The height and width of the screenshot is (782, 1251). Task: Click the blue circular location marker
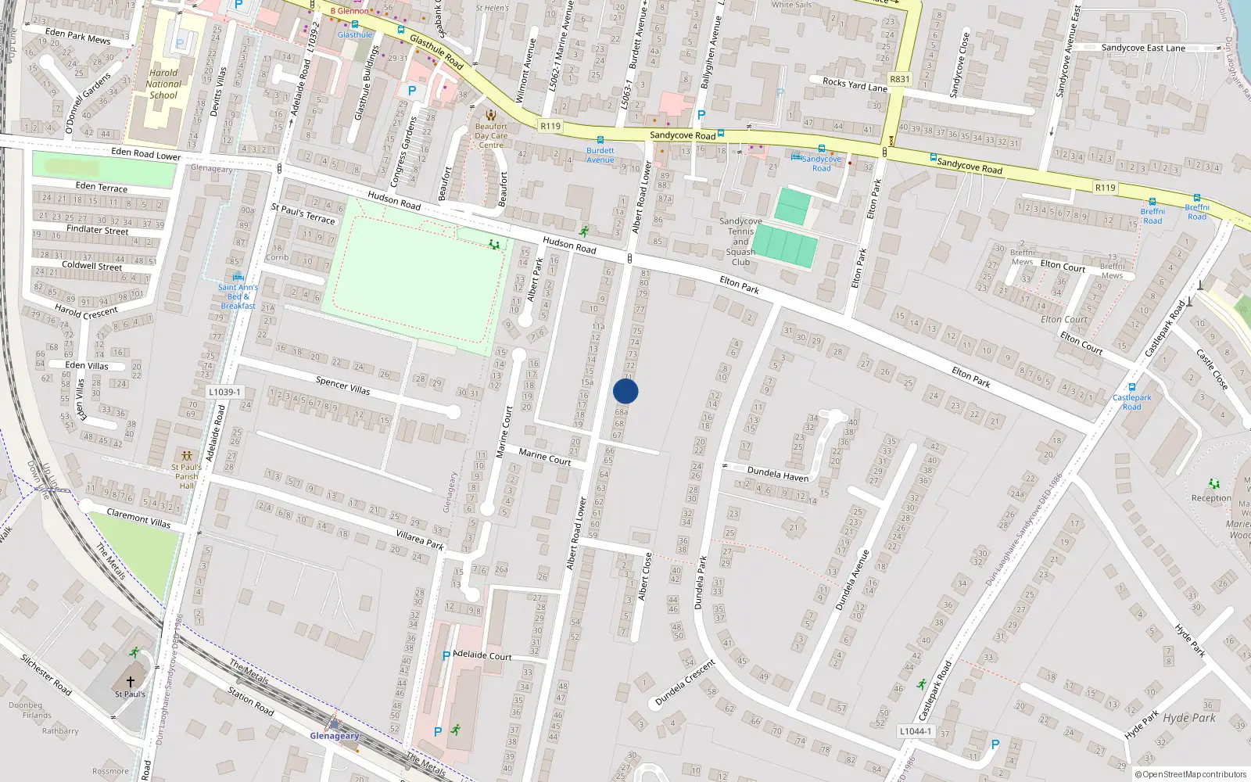[625, 391]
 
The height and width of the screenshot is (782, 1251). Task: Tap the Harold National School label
[163, 84]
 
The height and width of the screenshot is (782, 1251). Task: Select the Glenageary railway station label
[335, 736]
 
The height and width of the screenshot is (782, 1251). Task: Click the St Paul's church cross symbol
[131, 682]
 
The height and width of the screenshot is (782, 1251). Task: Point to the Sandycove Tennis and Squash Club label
[740, 242]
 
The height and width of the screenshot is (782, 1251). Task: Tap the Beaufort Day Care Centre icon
[491, 115]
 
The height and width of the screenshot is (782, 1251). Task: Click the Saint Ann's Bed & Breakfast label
[238, 296]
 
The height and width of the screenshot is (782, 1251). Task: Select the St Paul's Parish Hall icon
[186, 455]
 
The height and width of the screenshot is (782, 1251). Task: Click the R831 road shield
[900, 79]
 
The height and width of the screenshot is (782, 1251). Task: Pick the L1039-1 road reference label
[225, 392]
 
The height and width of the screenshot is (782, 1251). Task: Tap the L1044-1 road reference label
[916, 731]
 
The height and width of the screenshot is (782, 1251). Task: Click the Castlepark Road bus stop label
[1131, 402]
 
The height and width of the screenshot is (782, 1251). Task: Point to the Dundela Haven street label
[777, 473]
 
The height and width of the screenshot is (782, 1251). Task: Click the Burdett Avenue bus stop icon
[600, 140]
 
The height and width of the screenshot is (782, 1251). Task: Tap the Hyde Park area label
[1188, 718]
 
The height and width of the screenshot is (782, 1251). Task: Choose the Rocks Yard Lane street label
[855, 84]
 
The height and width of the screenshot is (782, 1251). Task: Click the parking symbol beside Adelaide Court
[446, 656]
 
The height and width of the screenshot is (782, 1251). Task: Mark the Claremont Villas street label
[138, 518]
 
